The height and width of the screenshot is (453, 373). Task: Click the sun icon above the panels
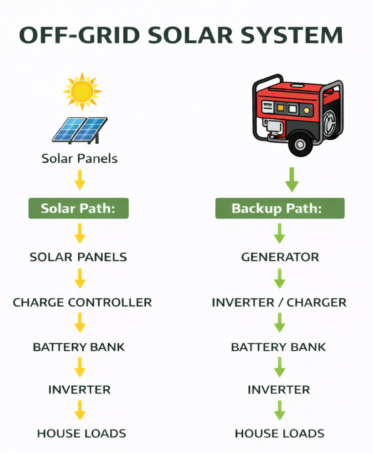pos(82,91)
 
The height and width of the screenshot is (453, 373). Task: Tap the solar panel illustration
pos(80,129)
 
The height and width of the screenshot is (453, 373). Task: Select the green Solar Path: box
pos(78,208)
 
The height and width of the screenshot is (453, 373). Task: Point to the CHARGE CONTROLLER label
pos(82,303)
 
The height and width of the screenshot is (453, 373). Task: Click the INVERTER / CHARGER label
pos(279,303)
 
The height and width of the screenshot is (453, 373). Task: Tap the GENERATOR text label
pos(280,257)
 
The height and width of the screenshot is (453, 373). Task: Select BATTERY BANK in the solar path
pos(79,347)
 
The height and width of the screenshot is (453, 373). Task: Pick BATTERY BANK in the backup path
pos(278,347)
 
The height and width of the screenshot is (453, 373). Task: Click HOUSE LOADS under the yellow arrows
pos(82,434)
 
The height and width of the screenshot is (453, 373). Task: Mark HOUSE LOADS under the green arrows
pos(280,434)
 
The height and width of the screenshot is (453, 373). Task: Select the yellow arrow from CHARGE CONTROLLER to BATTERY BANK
pos(80,323)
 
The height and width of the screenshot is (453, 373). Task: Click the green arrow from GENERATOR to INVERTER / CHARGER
pos(279,278)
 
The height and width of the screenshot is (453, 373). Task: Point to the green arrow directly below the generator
pos(291,179)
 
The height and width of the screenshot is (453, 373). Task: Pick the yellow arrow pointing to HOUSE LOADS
pos(80,410)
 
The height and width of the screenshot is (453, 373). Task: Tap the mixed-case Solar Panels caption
pos(80,158)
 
